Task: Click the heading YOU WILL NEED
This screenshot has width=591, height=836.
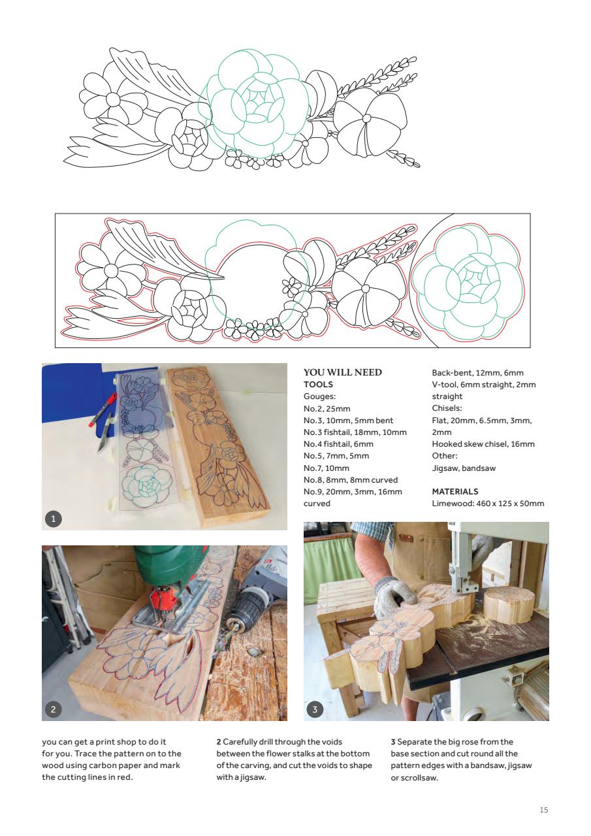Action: pyautogui.click(x=343, y=373)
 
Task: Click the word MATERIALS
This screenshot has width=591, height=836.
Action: pyautogui.click(x=455, y=491)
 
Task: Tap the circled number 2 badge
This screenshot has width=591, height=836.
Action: pyautogui.click(x=54, y=709)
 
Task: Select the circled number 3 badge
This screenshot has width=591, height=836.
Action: pyautogui.click(x=315, y=709)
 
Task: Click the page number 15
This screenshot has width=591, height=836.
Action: pyautogui.click(x=543, y=811)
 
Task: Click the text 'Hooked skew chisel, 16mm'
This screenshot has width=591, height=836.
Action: pyautogui.click(x=483, y=444)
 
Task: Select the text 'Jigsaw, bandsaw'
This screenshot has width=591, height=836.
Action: pyautogui.click(x=458, y=468)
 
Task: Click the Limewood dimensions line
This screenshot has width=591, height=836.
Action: pyautogui.click(x=487, y=503)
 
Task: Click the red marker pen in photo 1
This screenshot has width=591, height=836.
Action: pyautogui.click(x=104, y=408)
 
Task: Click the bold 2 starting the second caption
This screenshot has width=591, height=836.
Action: pyautogui.click(x=219, y=742)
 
